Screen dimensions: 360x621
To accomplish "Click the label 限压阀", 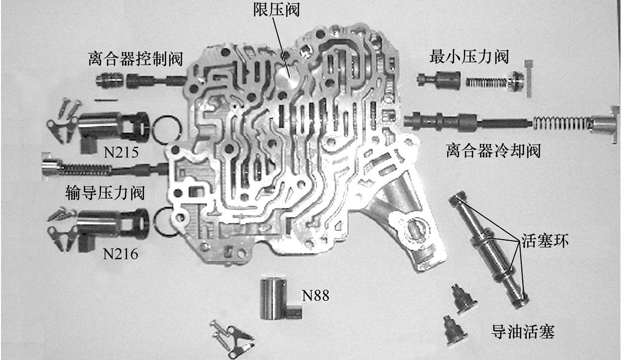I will [x=276, y=9].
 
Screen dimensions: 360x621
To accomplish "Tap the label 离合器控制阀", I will [x=135, y=59].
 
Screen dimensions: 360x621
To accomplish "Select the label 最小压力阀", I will [x=469, y=56].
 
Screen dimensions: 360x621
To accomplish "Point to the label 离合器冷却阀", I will [x=494, y=151].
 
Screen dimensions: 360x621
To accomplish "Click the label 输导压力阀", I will [x=105, y=193].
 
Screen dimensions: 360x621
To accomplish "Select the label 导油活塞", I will [x=523, y=332].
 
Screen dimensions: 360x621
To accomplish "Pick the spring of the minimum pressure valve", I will [x=486, y=81].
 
